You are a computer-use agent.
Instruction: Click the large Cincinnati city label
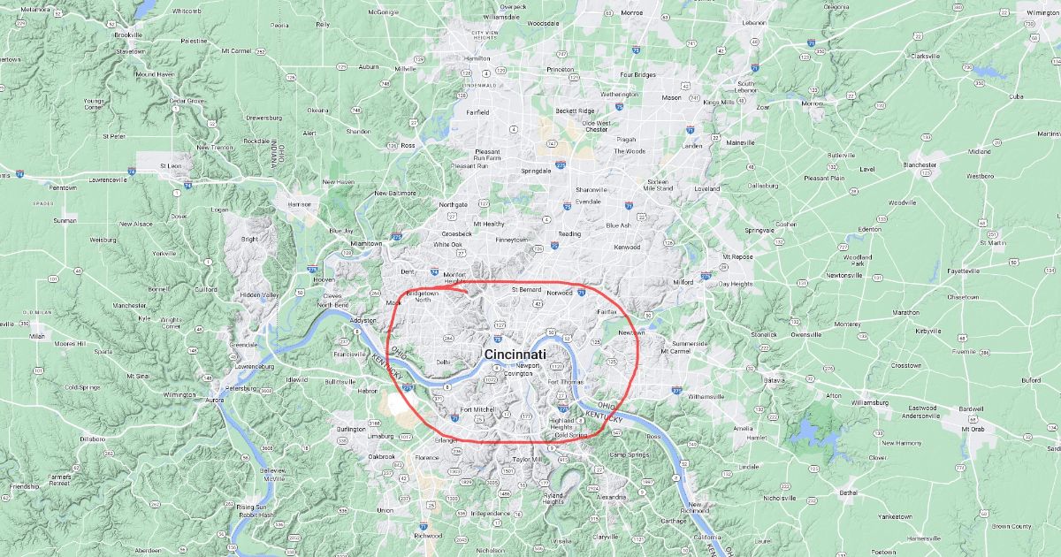(x=521, y=354)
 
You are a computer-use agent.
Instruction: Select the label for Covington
(x=518, y=374)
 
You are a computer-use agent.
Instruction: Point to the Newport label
(x=528, y=364)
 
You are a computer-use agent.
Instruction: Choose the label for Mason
(x=672, y=98)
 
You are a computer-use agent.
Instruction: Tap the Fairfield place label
(x=478, y=112)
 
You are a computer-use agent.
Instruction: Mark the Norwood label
(x=560, y=292)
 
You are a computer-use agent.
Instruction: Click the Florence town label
(x=427, y=457)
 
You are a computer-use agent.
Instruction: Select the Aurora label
(x=216, y=401)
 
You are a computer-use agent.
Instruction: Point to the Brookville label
(x=129, y=34)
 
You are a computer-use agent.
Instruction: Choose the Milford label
(x=683, y=282)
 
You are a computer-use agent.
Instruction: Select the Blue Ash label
(x=618, y=225)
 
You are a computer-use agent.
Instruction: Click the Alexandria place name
(x=611, y=497)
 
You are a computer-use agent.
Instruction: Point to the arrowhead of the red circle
(x=445, y=286)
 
